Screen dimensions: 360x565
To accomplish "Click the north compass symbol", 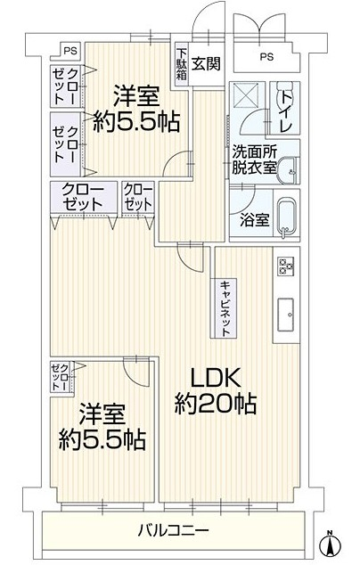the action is tap(330, 543).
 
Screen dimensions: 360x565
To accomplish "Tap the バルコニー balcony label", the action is tap(174, 530).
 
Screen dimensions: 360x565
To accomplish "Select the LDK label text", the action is tap(215, 379).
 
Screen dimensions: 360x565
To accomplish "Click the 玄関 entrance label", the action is tap(206, 64).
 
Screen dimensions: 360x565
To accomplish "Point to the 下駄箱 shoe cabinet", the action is tap(182, 64).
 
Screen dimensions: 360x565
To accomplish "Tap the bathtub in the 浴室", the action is tap(287, 218).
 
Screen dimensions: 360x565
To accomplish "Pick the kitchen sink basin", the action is tap(286, 315).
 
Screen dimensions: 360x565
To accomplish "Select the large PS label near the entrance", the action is tap(266, 56).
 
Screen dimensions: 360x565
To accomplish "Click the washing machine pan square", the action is tap(247, 95).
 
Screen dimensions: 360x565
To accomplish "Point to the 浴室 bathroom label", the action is tap(255, 220).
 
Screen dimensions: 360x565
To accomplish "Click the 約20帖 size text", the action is tap(216, 404).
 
